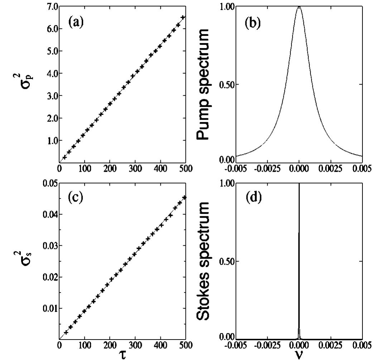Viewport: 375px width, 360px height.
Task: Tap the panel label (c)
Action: click(76, 198)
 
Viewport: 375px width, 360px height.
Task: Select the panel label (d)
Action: click(253, 198)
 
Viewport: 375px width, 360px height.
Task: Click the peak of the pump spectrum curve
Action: click(299, 7)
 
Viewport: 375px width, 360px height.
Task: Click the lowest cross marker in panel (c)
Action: click(66, 332)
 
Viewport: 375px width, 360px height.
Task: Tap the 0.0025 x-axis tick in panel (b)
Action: click(331, 168)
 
